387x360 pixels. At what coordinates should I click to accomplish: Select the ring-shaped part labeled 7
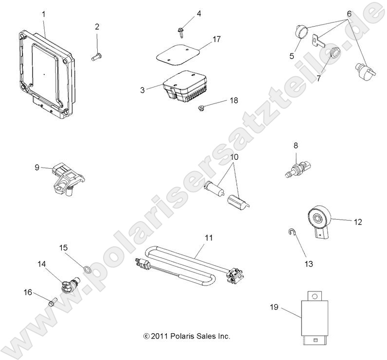click(333, 53)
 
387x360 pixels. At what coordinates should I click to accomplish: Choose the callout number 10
click(234, 157)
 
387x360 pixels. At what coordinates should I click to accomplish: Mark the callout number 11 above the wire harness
click(209, 238)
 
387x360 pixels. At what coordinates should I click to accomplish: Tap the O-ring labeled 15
click(87, 269)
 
